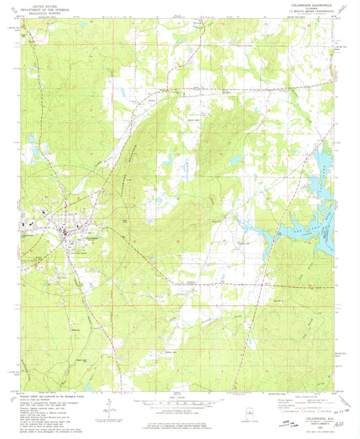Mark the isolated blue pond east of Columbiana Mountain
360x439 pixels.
pyautogui.click(x=234, y=161)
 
